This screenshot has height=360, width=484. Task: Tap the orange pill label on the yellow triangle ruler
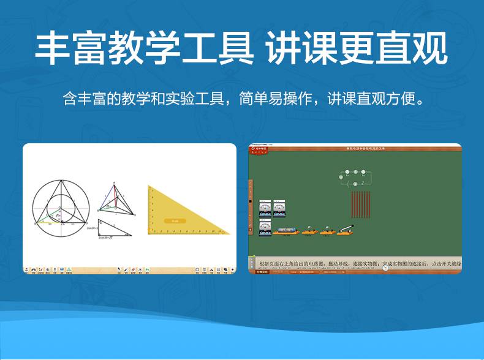point(175,220)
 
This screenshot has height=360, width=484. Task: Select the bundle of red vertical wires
point(361,204)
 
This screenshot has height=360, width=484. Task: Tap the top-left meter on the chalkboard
point(265,208)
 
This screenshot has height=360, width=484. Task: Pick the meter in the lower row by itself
point(265,227)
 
